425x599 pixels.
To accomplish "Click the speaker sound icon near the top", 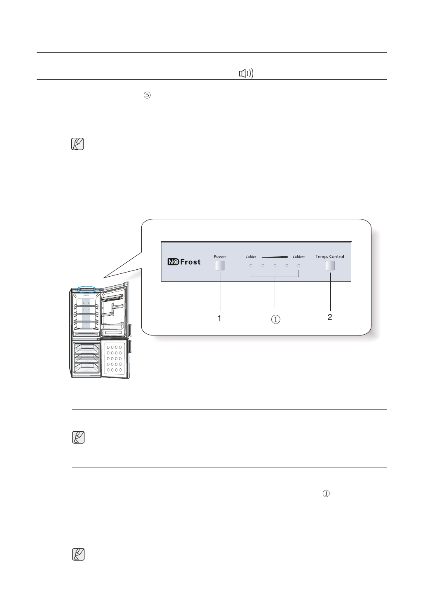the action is pos(246,74).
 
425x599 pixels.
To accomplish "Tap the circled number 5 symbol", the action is pos(147,95).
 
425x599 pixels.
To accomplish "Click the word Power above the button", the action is pos(220,257).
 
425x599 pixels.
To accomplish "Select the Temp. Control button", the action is pos(329,266).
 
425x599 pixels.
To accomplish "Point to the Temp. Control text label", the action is pos(329,257).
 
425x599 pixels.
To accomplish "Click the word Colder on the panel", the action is pos(251,257).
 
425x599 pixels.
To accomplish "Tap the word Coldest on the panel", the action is pos(299,257).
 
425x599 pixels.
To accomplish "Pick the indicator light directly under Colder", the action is pos(251,266).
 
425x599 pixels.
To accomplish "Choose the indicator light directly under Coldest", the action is pos(299,266).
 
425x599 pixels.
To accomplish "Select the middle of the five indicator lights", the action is pos(275,266).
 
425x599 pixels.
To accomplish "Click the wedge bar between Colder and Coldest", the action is pos(275,257).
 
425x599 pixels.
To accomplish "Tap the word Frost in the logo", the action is pos(190,262).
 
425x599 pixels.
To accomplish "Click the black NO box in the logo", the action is pos(173,262).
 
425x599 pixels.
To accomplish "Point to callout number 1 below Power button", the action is pos(220,318).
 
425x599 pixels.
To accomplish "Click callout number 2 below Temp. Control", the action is pos(330,317).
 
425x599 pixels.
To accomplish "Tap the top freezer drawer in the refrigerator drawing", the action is pos(86,349).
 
